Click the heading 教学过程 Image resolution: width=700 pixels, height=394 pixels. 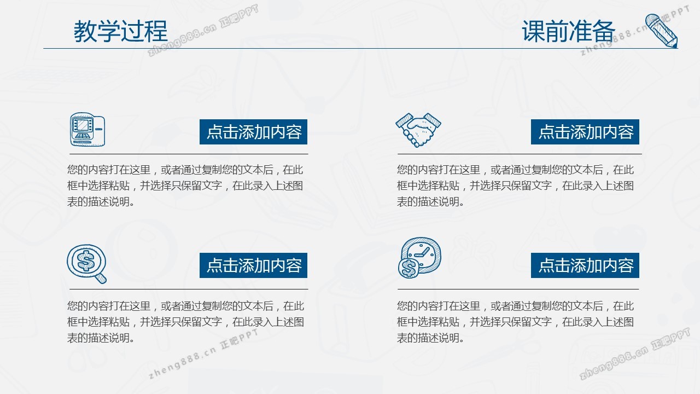(x=121, y=31)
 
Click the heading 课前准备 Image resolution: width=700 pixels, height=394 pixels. (x=568, y=31)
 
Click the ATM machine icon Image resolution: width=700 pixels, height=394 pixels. (x=87, y=130)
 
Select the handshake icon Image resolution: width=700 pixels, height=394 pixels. (x=418, y=130)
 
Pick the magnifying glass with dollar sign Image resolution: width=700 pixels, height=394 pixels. (x=87, y=264)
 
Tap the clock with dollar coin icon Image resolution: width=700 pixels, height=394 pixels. (x=419, y=258)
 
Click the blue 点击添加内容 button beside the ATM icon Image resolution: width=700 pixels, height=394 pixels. (x=253, y=132)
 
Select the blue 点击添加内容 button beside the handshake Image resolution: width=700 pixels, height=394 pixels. (x=585, y=132)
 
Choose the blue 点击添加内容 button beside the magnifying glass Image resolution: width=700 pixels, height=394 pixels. (x=253, y=265)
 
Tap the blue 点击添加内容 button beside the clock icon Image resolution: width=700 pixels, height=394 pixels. (x=585, y=265)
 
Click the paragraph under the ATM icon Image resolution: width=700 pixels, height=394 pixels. (x=185, y=186)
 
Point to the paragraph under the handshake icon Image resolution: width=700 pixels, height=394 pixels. (x=515, y=186)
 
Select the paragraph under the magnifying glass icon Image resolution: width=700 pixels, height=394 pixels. (x=185, y=322)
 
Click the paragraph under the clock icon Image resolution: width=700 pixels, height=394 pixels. (x=515, y=322)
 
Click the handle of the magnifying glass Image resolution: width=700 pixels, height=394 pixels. (x=101, y=277)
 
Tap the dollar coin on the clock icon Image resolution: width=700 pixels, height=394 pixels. (x=409, y=269)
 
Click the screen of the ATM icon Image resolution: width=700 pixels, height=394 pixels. (x=83, y=125)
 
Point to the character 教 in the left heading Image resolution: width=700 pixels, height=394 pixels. (x=85, y=31)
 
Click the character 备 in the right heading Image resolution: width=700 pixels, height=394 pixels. (x=604, y=31)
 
